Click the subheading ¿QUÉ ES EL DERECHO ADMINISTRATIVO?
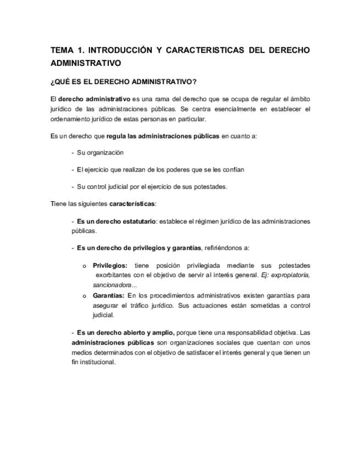(123, 82)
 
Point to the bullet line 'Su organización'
(100, 152)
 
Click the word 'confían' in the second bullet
(232, 169)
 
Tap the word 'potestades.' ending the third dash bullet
(208, 186)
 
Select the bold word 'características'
(132, 203)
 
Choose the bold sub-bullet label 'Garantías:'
(108, 296)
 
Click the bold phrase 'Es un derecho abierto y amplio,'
(126, 332)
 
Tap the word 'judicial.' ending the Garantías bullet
(103, 315)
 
